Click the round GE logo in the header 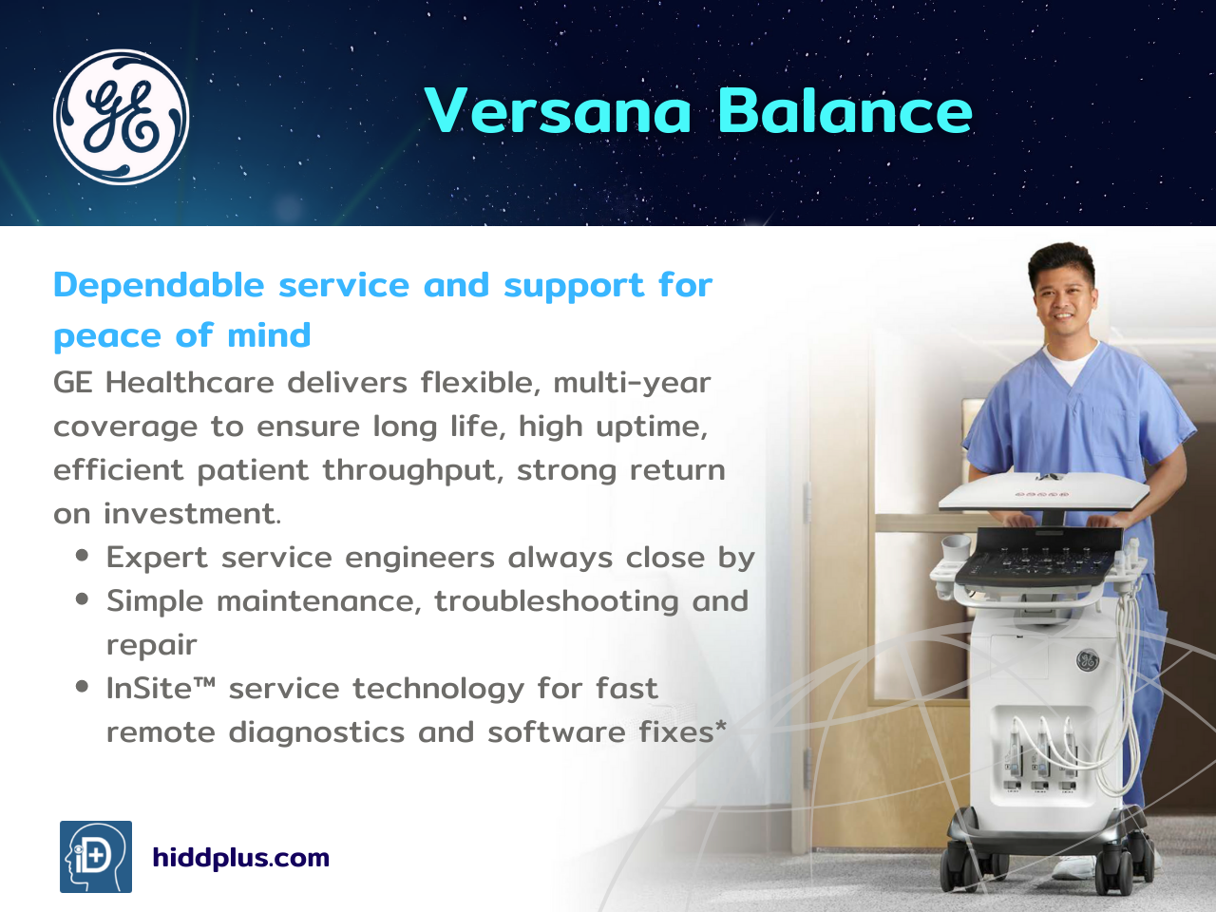point(121,117)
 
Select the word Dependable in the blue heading point(159,285)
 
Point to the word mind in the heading point(269,335)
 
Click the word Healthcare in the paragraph point(190,382)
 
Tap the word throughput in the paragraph point(412,471)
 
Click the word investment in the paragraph point(192,513)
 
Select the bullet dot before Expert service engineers point(82,556)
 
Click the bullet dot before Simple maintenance point(82,599)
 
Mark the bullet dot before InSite point(82,687)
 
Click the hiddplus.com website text point(241,858)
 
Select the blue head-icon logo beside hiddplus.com point(96,857)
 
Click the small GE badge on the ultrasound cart point(1087,660)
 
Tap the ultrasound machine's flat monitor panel point(1044,490)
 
